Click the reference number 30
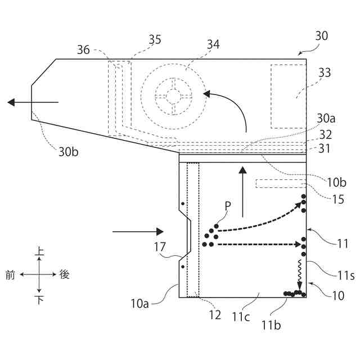[321, 35]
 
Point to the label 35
[154, 39]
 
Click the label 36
[84, 50]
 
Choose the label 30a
[326, 118]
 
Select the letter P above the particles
[227, 206]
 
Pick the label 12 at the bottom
[215, 316]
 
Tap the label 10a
[140, 304]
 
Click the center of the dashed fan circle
[174, 96]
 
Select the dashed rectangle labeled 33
[289, 95]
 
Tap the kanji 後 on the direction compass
[65, 274]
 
